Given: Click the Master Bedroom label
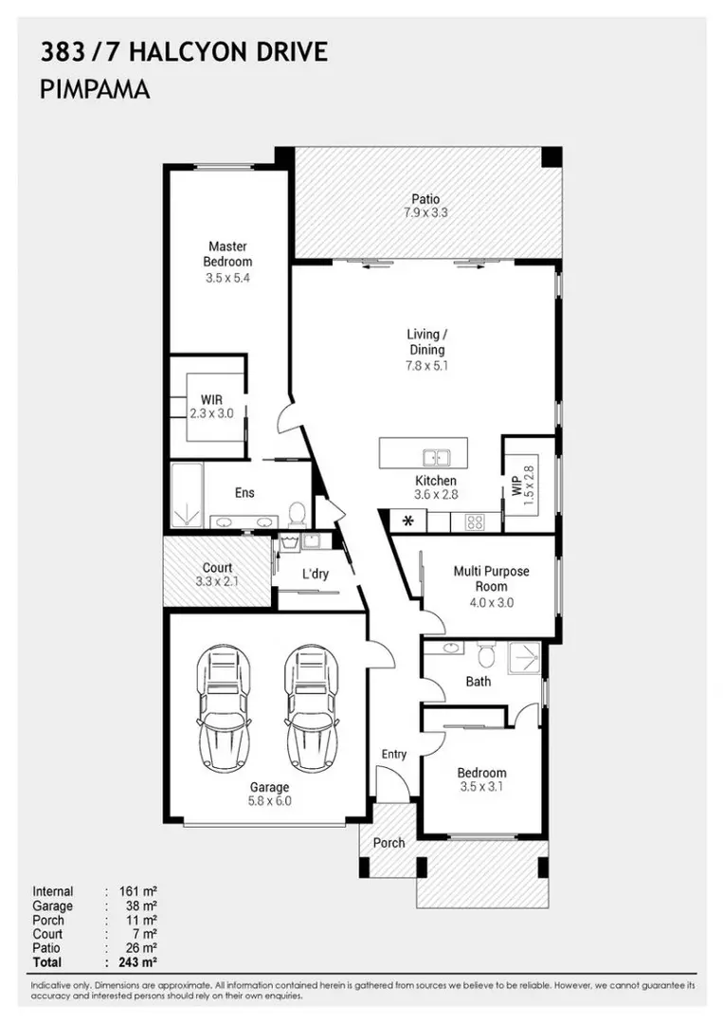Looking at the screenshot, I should pyautogui.click(x=227, y=254).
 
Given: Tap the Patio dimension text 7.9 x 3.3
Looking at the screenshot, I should pyautogui.click(x=425, y=213).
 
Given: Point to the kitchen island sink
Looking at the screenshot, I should pyautogui.click(x=436, y=457).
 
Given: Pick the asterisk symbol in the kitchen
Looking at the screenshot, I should pyautogui.click(x=408, y=521).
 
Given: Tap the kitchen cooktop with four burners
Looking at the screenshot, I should pyautogui.click(x=473, y=521).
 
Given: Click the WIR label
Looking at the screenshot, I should pyautogui.click(x=210, y=398).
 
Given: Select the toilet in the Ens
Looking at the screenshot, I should pyautogui.click(x=296, y=513).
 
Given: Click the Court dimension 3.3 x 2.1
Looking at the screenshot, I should pyautogui.click(x=217, y=582).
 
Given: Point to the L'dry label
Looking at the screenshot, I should pyautogui.click(x=315, y=575).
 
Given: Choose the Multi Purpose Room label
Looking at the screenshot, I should pyautogui.click(x=491, y=579).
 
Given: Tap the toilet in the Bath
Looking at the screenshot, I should pyautogui.click(x=488, y=654).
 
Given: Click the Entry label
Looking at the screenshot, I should pyautogui.click(x=394, y=755).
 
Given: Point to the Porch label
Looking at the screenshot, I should pyautogui.click(x=389, y=842).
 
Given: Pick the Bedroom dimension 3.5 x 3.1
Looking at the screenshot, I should pyautogui.click(x=482, y=787).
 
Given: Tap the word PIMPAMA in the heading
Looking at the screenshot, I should pyautogui.click(x=96, y=90).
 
